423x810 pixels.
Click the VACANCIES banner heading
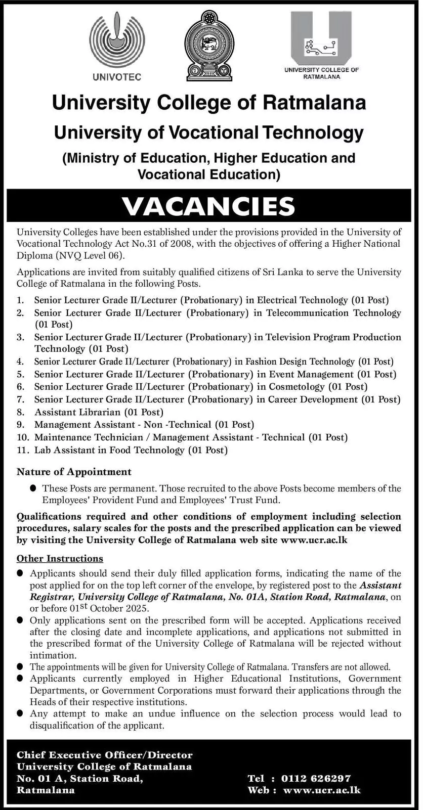(x=208, y=206)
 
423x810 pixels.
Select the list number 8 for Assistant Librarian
(x=20, y=412)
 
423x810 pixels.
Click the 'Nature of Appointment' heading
(x=74, y=472)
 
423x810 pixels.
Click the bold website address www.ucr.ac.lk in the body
(x=314, y=540)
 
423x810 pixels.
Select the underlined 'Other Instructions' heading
(x=60, y=559)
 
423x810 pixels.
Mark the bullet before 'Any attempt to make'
(x=20, y=713)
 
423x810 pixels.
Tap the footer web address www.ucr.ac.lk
(x=322, y=790)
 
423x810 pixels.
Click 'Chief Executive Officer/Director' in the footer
(x=105, y=755)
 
